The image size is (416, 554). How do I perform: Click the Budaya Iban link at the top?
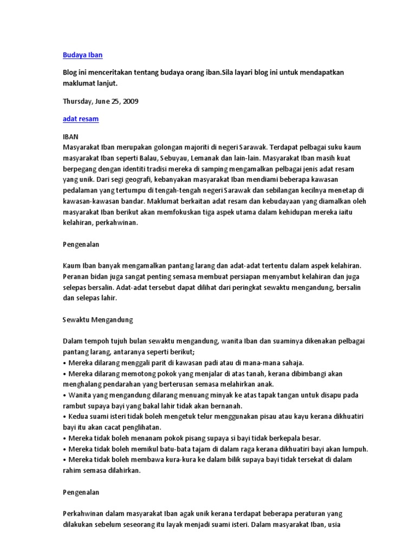[82, 55]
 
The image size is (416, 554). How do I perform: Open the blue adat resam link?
[81, 119]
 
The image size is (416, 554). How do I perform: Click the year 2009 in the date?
[131, 101]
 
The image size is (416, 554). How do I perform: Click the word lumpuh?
[355, 449]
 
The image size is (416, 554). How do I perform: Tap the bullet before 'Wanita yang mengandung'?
[65, 395]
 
